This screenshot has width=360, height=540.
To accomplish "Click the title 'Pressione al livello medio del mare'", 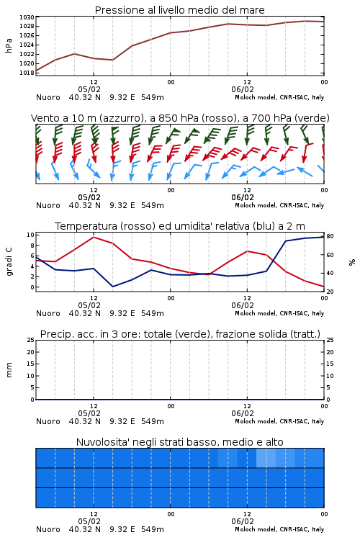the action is [x=179, y=10].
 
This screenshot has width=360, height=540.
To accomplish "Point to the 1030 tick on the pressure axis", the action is [x=27, y=17].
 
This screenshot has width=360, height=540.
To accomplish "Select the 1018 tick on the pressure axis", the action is [x=27, y=73].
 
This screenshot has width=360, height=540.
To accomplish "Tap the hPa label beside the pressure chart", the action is [x=9, y=45].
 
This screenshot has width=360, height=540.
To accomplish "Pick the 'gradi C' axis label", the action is [x=9, y=261].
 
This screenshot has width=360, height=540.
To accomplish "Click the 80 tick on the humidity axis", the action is [x=330, y=236].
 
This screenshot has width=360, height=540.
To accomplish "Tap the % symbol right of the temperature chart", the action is [x=352, y=262].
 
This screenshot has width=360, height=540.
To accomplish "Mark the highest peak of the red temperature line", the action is [x=94, y=237].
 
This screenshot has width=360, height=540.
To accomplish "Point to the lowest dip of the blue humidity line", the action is [x=112, y=287].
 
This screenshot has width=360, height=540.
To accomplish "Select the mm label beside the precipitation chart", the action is [x=9, y=370].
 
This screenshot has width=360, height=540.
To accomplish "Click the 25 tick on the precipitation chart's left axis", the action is [x=31, y=340].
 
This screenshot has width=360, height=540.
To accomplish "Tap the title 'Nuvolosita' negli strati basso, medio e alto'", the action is [x=179, y=442].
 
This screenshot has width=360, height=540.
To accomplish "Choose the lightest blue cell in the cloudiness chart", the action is [x=266, y=458].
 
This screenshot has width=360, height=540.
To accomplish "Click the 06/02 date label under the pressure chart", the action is [x=243, y=89].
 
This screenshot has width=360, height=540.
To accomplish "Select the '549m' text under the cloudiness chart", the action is [x=152, y=529].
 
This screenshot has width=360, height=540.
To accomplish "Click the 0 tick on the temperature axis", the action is [x=32, y=287].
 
